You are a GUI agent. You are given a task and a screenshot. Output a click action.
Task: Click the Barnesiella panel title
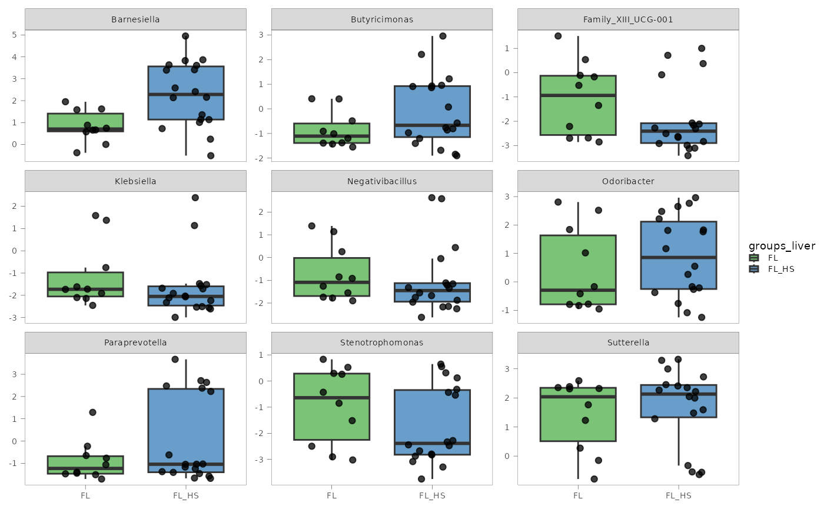(x=135, y=19)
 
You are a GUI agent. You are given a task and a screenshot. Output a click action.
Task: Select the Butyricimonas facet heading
(x=381, y=19)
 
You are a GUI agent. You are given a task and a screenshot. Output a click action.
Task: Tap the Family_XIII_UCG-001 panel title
(x=627, y=19)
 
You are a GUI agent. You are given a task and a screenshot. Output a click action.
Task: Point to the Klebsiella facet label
(x=135, y=181)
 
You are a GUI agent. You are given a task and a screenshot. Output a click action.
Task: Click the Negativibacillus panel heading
(x=381, y=181)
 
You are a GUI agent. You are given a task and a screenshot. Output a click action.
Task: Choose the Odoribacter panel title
(x=627, y=181)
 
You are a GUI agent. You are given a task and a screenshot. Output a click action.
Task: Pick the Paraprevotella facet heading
(x=135, y=342)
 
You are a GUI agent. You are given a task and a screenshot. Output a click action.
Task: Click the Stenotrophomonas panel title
(x=381, y=342)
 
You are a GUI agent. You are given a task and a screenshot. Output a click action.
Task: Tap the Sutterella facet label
(x=627, y=342)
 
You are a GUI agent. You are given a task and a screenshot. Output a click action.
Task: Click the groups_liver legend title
(x=782, y=246)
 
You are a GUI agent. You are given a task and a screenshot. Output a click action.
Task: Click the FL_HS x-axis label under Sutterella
(x=678, y=495)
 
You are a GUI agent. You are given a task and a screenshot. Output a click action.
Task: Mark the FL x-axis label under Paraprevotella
(x=85, y=495)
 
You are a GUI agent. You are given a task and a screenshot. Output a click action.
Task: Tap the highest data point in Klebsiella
(x=195, y=198)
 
